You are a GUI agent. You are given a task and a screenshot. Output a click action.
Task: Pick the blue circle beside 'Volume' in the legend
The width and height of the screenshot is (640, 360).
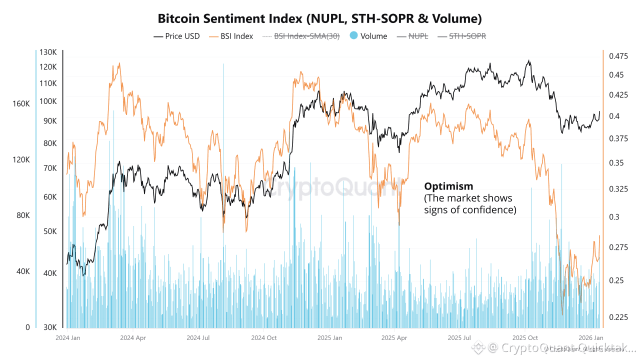click(353, 36)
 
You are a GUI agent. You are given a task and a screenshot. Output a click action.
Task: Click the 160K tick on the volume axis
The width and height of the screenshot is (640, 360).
click(21, 104)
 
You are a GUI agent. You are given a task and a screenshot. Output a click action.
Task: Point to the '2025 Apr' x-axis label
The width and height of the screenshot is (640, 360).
click(394, 338)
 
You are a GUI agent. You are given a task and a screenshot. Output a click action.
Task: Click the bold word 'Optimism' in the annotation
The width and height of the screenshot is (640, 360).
click(448, 186)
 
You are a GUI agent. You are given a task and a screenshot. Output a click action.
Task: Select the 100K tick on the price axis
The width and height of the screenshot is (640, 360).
click(48, 101)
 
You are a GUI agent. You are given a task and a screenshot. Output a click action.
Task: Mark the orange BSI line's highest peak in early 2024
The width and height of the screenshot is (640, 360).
click(118, 63)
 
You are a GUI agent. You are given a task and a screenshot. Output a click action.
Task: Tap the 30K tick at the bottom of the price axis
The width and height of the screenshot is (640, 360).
click(50, 327)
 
